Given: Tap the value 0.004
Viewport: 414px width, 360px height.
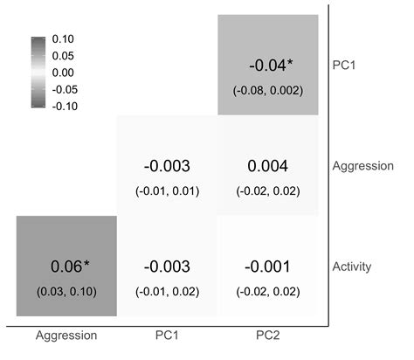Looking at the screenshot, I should point(268,166).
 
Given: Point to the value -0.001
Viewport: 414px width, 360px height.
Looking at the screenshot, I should point(268,267).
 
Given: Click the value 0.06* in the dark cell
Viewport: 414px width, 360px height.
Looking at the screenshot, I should point(66,267).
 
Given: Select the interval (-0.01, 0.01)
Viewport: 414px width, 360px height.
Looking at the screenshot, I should point(167,190).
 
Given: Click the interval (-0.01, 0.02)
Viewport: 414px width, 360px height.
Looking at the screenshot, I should point(167,291).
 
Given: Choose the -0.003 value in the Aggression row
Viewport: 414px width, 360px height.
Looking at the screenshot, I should point(167,166).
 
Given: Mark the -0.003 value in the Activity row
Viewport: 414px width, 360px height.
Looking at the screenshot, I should point(167,267).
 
